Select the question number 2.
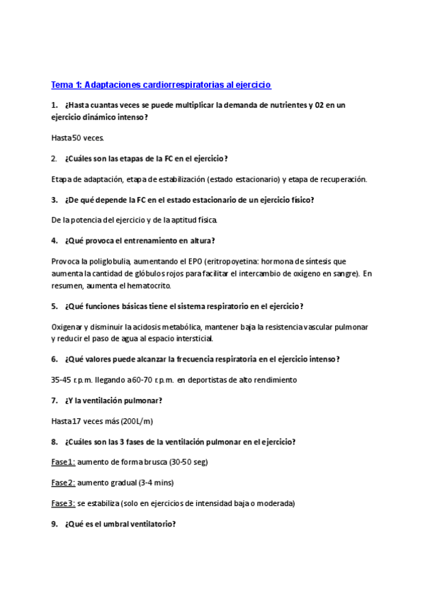[55, 158]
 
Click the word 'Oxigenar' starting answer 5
[67, 327]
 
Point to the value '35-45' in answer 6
[61, 380]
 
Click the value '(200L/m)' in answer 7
[137, 421]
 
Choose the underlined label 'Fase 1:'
[63, 462]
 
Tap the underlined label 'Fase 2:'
[63, 483]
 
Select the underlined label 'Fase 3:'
[63, 503]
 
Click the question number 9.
[55, 524]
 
